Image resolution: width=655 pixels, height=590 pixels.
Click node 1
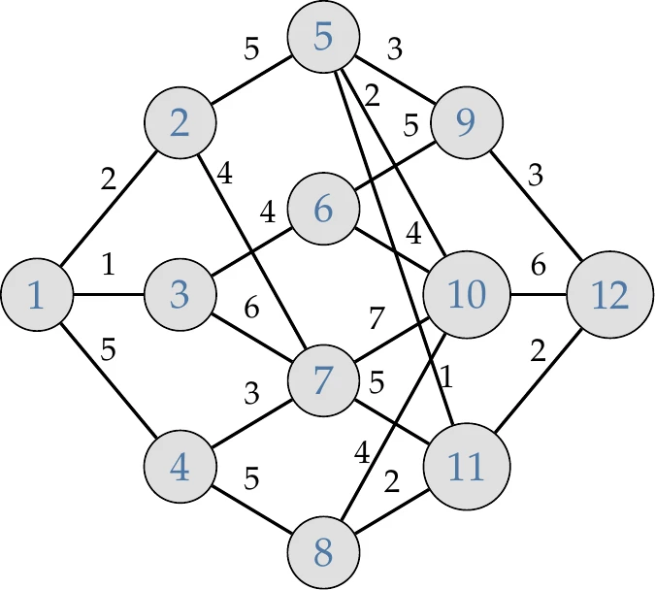click(37, 295)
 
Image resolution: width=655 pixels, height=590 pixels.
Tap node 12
click(610, 295)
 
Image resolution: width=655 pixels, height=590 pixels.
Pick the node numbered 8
click(324, 553)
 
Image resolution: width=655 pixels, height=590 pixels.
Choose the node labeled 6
click(324, 209)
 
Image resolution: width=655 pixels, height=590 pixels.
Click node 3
click(180, 295)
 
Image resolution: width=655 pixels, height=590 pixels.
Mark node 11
click(467, 467)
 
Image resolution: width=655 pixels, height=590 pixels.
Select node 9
click(467, 122)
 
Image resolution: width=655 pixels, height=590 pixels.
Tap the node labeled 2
click(180, 122)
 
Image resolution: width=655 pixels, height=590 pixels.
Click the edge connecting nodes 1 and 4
click(109, 381)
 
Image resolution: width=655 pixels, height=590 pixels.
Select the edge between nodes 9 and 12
click(539, 209)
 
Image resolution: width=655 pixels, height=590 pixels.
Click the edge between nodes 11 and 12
click(539, 381)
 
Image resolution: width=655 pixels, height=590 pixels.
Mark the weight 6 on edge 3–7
click(252, 311)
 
